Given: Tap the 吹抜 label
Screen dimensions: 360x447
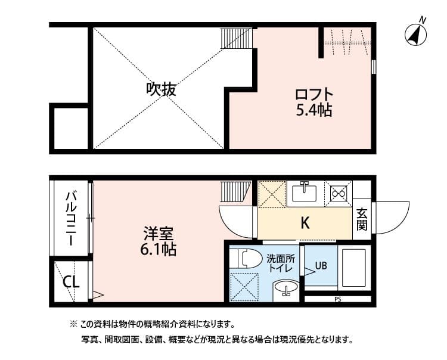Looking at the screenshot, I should tap(161, 90).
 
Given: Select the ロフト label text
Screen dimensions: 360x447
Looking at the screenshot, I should tap(313, 95).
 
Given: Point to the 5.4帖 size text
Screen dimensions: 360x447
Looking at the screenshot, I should tap(313, 110).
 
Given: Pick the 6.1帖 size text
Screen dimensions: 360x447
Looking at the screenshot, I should tap(157, 249).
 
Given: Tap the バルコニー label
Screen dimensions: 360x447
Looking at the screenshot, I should tap(71, 218).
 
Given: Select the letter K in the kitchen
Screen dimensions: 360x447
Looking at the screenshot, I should tap(305, 224).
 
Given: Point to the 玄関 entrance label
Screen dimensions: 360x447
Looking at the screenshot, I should tap(362, 219).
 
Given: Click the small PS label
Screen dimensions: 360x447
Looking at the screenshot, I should tap(338, 299).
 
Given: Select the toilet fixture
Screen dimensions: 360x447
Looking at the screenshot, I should tap(247, 259).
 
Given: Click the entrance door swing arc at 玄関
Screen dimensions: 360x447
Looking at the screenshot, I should tap(392, 218).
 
